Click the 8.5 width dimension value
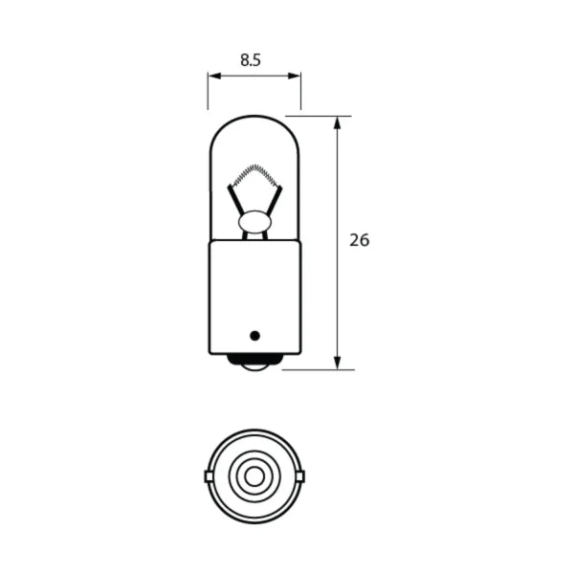pyautogui.click(x=251, y=59)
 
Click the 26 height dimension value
pyautogui.click(x=359, y=240)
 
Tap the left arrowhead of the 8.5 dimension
pyautogui.click(x=211, y=76)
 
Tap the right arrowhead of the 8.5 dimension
pyautogui.click(x=297, y=76)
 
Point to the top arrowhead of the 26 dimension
pyautogui.click(x=338, y=121)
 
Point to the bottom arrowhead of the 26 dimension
pyautogui.click(x=338, y=364)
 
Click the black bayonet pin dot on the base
pyautogui.click(x=254, y=335)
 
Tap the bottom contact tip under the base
pyautogui.click(x=254, y=364)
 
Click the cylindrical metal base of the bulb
pyautogui.click(x=254, y=297)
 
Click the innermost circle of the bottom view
pyautogui.click(x=254, y=475)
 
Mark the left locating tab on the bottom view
pyautogui.click(x=209, y=475)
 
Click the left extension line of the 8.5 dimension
pyautogui.click(x=208, y=91)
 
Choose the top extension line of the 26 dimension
pyautogui.click(x=320, y=116)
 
